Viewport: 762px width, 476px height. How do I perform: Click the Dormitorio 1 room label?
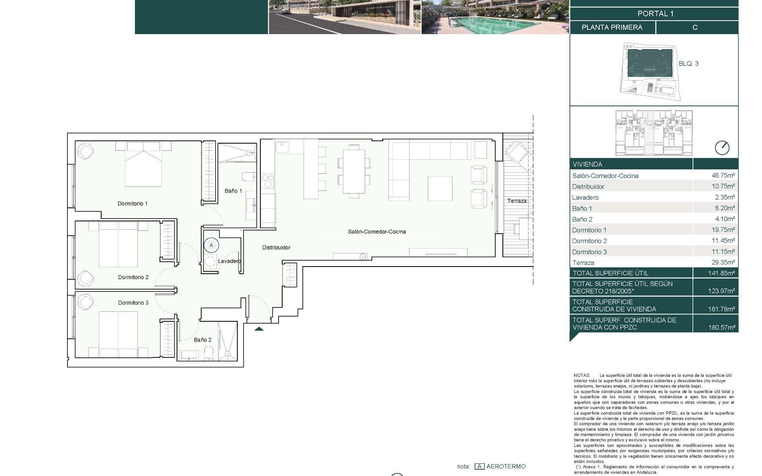(x=133, y=203)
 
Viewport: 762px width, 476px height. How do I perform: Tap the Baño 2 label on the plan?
(x=202, y=340)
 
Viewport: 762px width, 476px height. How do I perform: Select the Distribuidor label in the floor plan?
(x=276, y=248)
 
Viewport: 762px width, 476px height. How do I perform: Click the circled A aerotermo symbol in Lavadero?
(x=211, y=245)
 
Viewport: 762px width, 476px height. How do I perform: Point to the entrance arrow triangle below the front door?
(x=259, y=328)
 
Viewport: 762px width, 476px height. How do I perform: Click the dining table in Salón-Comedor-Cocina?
(x=354, y=171)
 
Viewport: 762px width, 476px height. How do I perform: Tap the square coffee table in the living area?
(x=440, y=189)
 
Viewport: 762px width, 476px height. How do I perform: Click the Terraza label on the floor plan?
(x=517, y=201)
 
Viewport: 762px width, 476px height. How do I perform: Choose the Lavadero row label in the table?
(x=585, y=198)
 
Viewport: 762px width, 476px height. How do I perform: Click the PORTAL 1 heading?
(x=655, y=13)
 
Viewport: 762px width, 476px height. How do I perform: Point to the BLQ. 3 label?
(x=689, y=63)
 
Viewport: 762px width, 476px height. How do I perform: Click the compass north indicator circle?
(x=722, y=148)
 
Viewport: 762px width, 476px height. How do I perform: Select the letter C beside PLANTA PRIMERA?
(x=695, y=27)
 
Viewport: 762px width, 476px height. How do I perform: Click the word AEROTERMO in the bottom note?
(x=506, y=466)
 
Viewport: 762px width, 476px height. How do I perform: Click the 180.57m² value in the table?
(x=721, y=328)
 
